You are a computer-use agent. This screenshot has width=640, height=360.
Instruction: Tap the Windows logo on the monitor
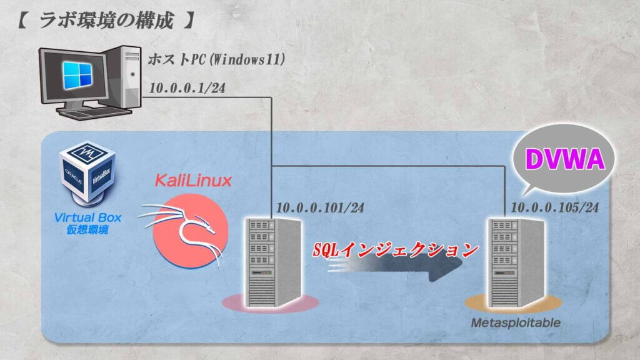[x=78, y=75]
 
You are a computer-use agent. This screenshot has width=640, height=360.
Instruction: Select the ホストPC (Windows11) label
[x=216, y=59]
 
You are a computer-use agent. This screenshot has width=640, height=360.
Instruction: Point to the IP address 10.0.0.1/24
[x=187, y=88]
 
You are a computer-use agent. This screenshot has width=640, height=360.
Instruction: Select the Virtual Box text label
[x=87, y=217]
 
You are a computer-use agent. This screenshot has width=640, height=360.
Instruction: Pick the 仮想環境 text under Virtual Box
[x=87, y=230]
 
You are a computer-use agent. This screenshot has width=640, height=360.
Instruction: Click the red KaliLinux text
[x=193, y=181]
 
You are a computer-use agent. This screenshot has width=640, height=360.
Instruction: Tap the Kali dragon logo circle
[x=190, y=231]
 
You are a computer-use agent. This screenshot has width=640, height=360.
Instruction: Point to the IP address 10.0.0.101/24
[x=320, y=207]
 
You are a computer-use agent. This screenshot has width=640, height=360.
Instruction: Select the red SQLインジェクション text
[x=396, y=249]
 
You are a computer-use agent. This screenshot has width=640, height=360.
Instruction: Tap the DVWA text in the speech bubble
[x=565, y=159]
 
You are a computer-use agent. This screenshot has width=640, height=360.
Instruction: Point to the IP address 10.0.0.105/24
[x=555, y=207]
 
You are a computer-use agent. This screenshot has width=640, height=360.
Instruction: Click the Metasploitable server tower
[x=517, y=262]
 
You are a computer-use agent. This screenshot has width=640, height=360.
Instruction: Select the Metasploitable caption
[x=516, y=323]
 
